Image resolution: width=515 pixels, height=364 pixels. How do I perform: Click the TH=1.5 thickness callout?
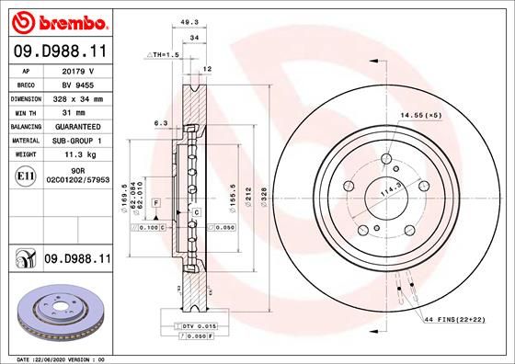166,55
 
